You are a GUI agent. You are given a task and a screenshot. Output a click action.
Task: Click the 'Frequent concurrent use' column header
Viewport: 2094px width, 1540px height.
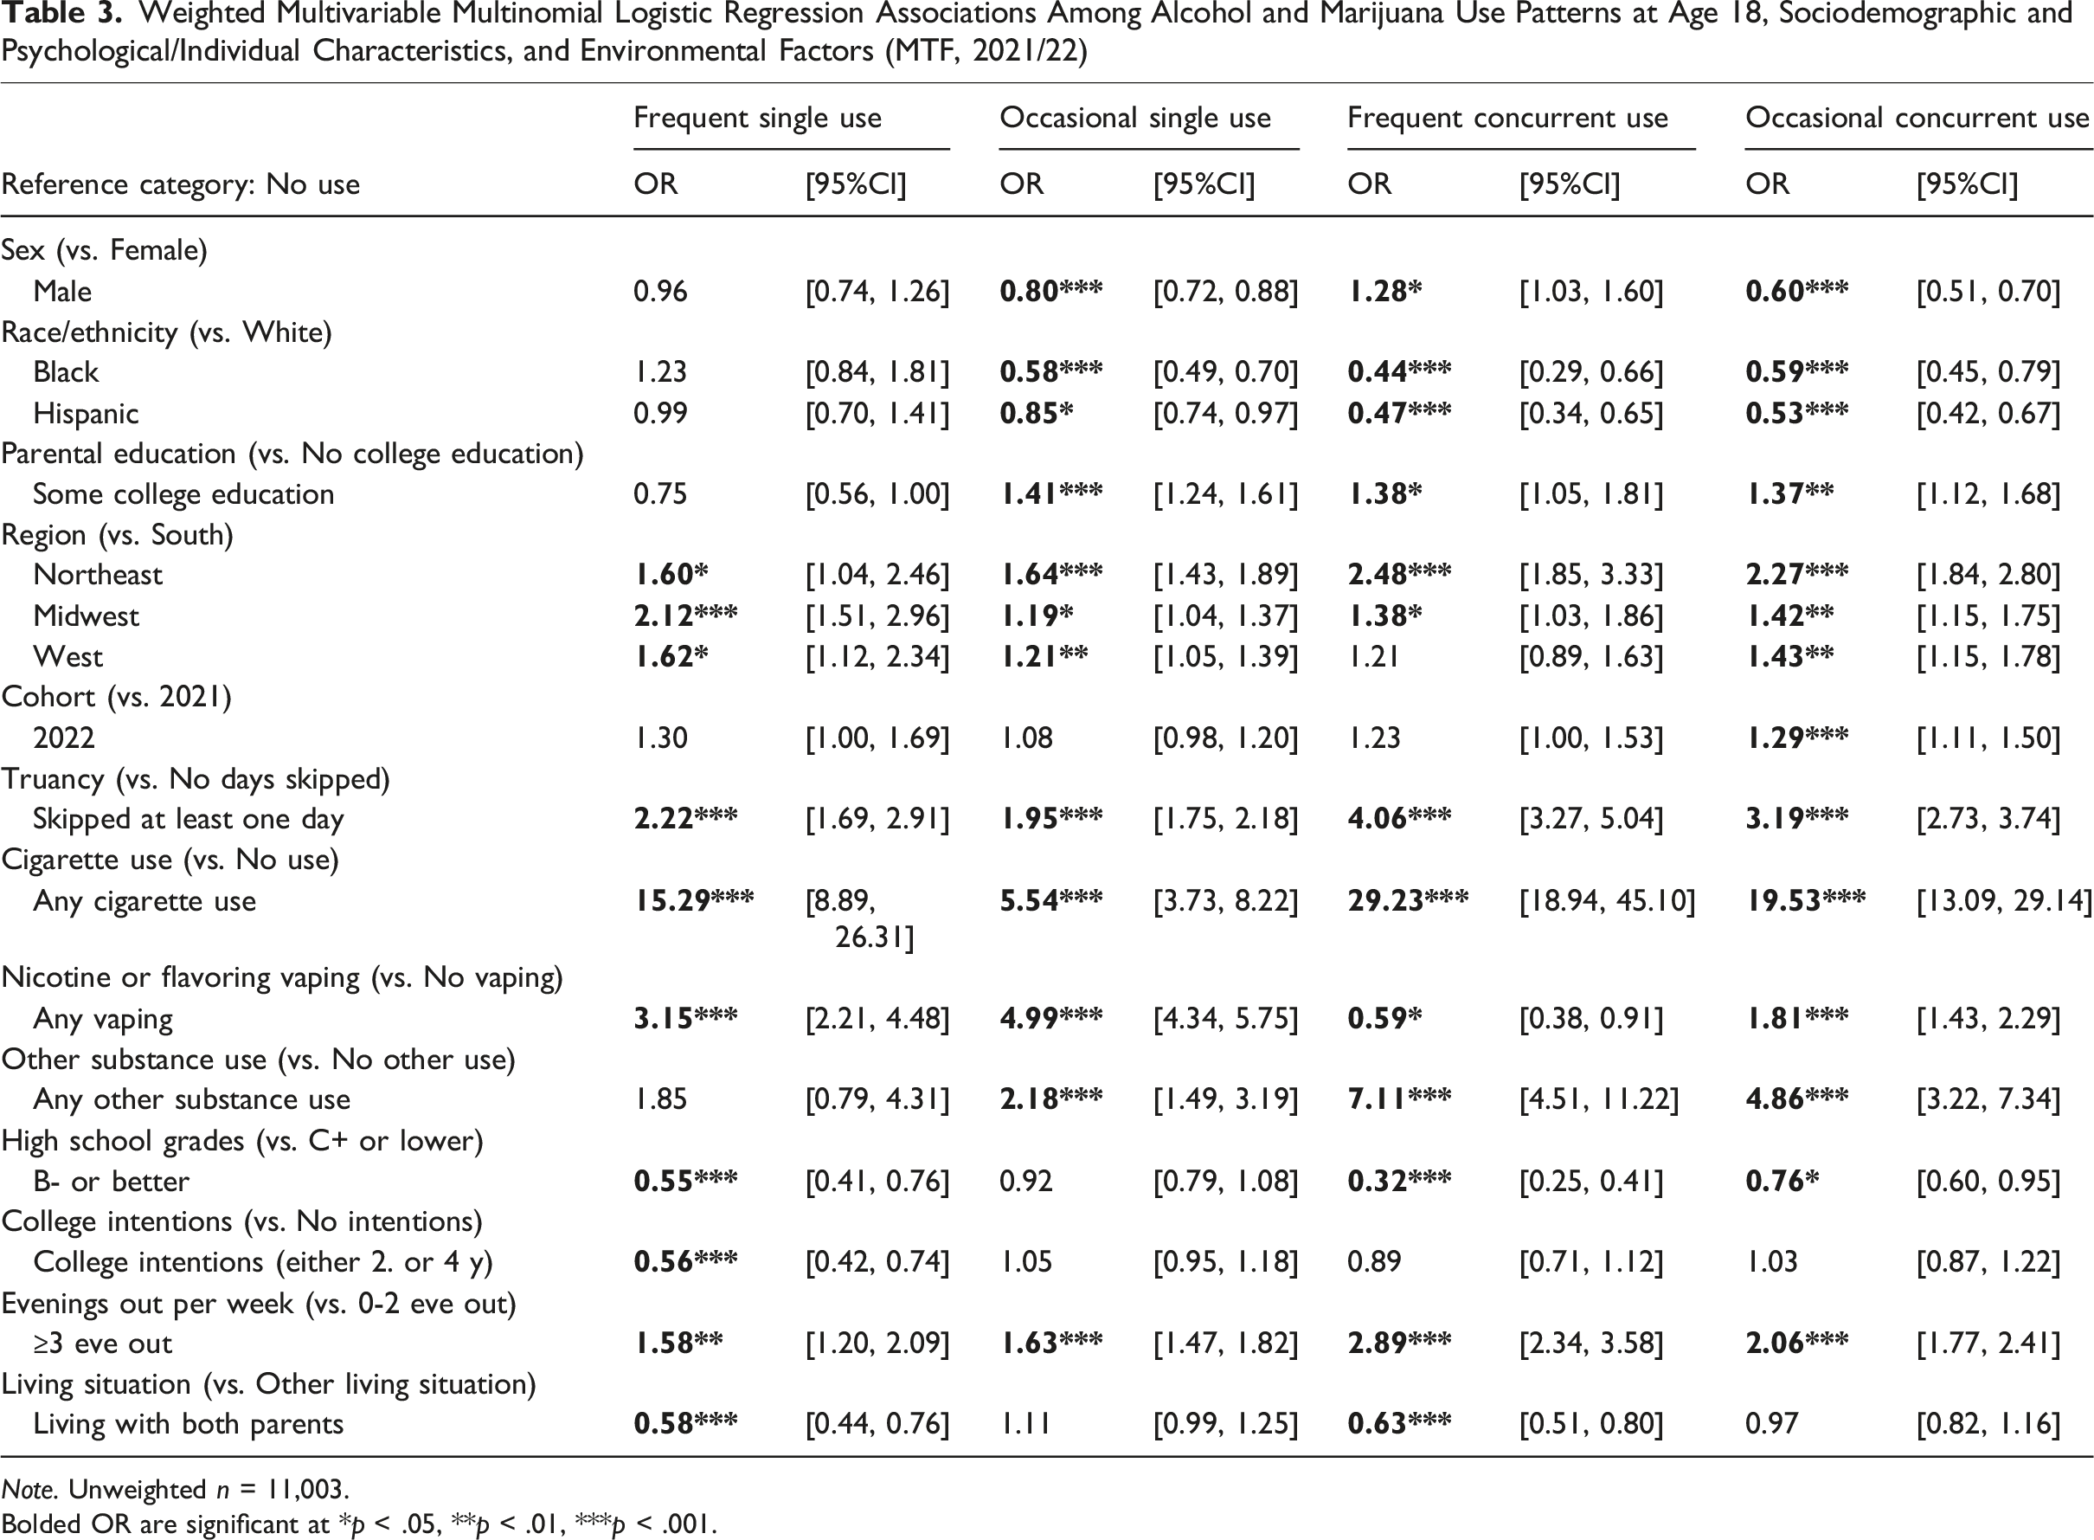point(1506,119)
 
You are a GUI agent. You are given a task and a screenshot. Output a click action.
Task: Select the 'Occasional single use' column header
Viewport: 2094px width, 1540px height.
point(1135,119)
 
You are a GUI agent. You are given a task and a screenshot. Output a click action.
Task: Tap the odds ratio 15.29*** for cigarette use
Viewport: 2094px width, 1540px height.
point(694,900)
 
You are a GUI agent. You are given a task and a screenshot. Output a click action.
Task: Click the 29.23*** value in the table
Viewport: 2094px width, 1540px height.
point(1408,900)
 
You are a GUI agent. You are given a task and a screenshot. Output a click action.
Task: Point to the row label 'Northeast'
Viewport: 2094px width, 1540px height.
point(98,574)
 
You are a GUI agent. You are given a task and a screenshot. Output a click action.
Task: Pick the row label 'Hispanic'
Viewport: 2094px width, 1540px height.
point(86,413)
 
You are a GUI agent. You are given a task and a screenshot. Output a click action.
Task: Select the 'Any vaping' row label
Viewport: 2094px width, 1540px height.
point(102,1019)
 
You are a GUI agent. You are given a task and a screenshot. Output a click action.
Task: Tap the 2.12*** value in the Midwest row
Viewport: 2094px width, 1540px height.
point(685,615)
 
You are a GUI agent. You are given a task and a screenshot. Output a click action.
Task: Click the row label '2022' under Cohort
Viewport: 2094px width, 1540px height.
point(63,738)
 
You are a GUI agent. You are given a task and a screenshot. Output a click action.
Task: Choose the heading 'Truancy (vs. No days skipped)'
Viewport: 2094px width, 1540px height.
point(196,778)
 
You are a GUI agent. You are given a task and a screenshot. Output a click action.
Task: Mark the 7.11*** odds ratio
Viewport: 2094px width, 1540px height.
point(1399,1099)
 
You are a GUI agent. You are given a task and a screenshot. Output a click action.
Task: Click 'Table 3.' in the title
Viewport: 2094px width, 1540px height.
point(61,15)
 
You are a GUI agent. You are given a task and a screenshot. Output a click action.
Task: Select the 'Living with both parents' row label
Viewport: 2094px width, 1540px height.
point(189,1423)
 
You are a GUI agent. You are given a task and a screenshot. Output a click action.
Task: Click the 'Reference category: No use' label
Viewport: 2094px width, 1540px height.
point(181,184)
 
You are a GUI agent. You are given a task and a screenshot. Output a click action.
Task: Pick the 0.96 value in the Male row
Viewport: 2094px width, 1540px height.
point(660,291)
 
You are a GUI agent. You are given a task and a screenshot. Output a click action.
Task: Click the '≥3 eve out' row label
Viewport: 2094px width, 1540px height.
point(102,1343)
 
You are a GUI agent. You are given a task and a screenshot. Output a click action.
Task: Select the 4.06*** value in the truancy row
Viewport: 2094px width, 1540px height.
point(1399,818)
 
